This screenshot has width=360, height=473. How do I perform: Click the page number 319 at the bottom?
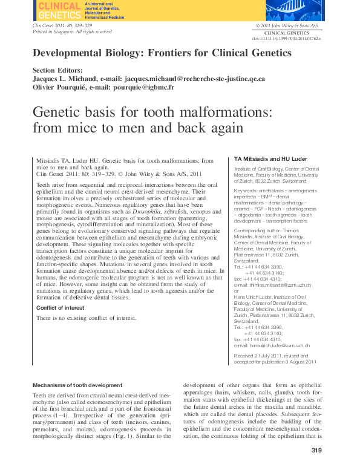316,450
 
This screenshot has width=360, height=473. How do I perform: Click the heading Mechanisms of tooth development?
77,385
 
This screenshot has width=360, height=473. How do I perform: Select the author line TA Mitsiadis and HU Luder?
270,158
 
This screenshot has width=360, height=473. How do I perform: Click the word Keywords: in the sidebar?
247,191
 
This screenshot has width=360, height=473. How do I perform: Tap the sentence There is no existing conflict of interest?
86,318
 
